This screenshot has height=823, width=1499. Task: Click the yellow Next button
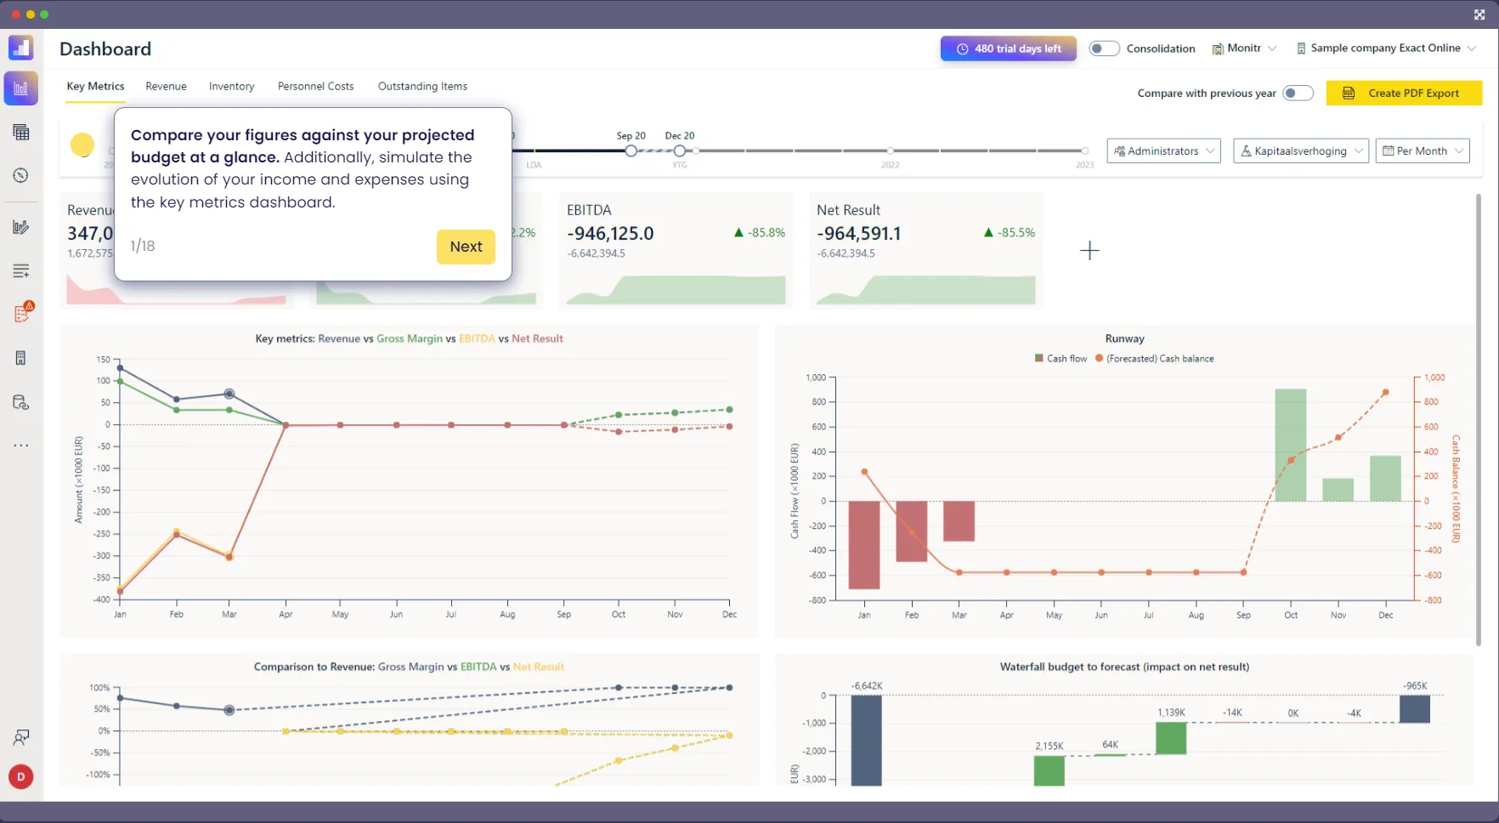pyautogui.click(x=466, y=247)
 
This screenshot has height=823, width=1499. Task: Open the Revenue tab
pyautogui.click(x=166, y=86)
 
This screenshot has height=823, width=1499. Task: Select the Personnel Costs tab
pyautogui.click(x=315, y=86)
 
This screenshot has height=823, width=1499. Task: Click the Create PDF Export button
pyautogui.click(x=1404, y=93)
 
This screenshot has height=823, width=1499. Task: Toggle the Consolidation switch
pyautogui.click(x=1104, y=48)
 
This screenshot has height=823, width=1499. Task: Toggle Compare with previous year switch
pyautogui.click(x=1298, y=93)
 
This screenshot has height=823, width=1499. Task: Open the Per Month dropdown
pyautogui.click(x=1423, y=150)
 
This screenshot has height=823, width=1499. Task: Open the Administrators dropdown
pyautogui.click(x=1163, y=150)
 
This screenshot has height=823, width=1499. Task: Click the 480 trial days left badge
pyautogui.click(x=1008, y=48)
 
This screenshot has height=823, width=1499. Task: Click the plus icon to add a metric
pyautogui.click(x=1089, y=250)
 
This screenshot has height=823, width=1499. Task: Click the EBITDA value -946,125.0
pyautogui.click(x=610, y=233)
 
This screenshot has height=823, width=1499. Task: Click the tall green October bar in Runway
pyautogui.click(x=1290, y=445)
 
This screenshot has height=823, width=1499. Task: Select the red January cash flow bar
pyautogui.click(x=864, y=544)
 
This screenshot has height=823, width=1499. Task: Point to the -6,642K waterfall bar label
pyautogui.click(x=866, y=685)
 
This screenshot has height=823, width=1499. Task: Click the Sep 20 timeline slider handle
pyautogui.click(x=631, y=150)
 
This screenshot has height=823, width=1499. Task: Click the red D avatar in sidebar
pyautogui.click(x=21, y=776)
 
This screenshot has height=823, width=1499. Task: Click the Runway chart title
pyautogui.click(x=1124, y=338)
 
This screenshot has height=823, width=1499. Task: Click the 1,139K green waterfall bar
pyautogui.click(x=1171, y=738)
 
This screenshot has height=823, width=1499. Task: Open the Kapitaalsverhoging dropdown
pyautogui.click(x=1300, y=150)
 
